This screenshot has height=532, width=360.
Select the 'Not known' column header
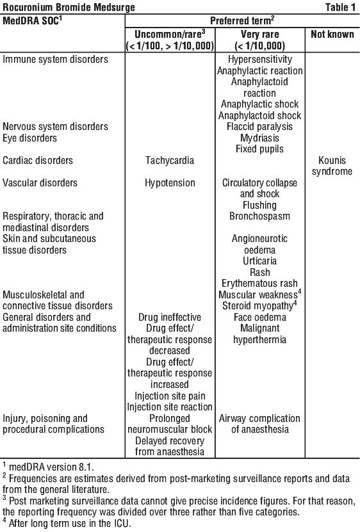(x=332, y=35)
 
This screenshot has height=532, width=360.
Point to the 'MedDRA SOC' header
(x=32, y=20)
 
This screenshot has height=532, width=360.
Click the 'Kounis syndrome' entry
(x=332, y=166)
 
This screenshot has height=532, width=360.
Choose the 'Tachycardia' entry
(x=170, y=160)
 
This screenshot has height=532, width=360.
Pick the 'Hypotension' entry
(x=170, y=183)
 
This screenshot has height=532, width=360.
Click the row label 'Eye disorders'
(x=29, y=138)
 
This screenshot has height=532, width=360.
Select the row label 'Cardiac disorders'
(x=38, y=160)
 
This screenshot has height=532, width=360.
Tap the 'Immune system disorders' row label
(x=55, y=59)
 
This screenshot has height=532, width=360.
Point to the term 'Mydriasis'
(x=260, y=138)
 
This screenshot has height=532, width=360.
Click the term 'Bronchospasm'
(x=260, y=216)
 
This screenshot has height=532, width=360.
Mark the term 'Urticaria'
(x=260, y=261)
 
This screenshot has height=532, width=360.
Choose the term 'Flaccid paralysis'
(x=260, y=127)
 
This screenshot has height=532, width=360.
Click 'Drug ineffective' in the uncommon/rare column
(x=170, y=318)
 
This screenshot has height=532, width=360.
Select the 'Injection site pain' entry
(x=170, y=396)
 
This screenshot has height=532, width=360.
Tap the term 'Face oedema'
(x=260, y=318)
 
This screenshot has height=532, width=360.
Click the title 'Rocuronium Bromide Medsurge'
(x=69, y=7)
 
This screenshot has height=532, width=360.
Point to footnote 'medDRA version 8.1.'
(x=48, y=467)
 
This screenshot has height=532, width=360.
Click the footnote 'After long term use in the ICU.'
(x=67, y=523)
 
